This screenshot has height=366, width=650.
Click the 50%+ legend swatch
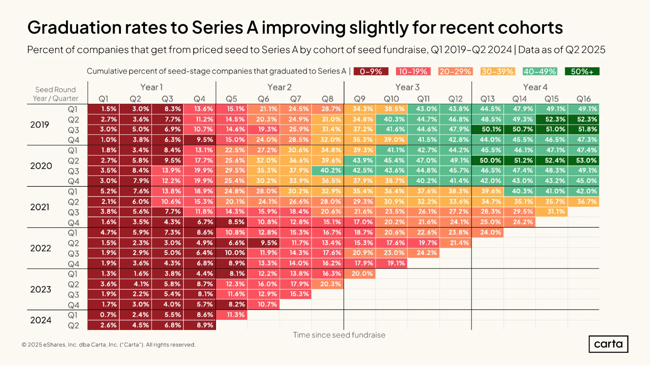[582, 71]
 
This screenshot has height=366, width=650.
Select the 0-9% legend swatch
[371, 71]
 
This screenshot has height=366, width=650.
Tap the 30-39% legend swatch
[497, 71]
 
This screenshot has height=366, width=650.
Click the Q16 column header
[583, 99]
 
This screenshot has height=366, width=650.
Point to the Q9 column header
[360, 99]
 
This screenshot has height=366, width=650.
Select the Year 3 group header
[407, 87]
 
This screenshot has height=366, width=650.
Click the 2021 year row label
[40, 207]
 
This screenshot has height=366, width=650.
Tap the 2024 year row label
[41, 320]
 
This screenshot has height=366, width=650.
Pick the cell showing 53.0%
[584, 160]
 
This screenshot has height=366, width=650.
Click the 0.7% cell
[103, 315]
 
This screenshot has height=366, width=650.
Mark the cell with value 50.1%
[488, 129]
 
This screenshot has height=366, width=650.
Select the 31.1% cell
[552, 212]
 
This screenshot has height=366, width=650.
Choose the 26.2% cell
[520, 222]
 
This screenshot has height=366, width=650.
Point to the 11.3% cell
[232, 315]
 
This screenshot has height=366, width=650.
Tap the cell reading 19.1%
[391, 263]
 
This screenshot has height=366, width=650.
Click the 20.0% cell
[360, 274]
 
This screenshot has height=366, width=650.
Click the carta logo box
[608, 344]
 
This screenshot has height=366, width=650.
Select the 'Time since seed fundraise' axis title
[339, 335]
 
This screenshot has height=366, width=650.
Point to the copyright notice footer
[109, 345]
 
